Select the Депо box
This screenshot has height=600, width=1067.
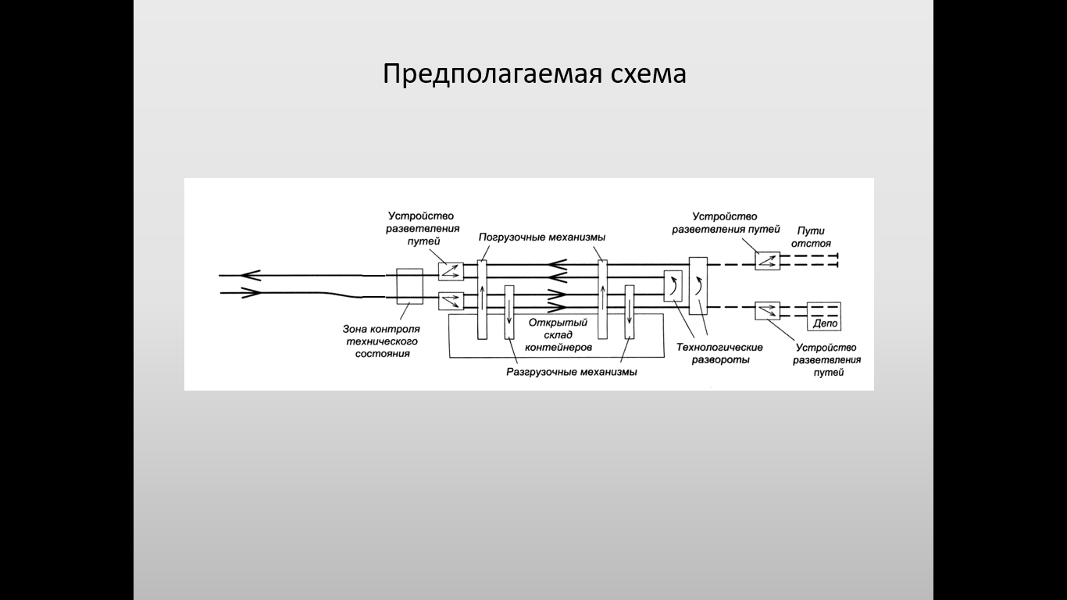(x=824, y=317)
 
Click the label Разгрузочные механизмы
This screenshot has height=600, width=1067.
(x=571, y=372)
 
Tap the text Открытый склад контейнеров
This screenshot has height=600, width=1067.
(x=558, y=334)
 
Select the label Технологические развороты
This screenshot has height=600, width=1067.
(x=719, y=354)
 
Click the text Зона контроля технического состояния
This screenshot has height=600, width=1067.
(x=382, y=341)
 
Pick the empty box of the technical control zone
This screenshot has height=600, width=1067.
(x=410, y=287)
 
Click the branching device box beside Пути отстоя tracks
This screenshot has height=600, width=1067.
(x=768, y=261)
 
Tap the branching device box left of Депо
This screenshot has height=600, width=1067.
(x=768, y=311)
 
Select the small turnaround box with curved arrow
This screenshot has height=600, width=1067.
(x=673, y=286)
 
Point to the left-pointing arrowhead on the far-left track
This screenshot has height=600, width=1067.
(x=251, y=275)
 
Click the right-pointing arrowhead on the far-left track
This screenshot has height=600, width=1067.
(x=251, y=293)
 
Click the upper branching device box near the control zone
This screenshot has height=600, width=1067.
(x=451, y=271)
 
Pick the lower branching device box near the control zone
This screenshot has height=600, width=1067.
(x=451, y=301)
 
